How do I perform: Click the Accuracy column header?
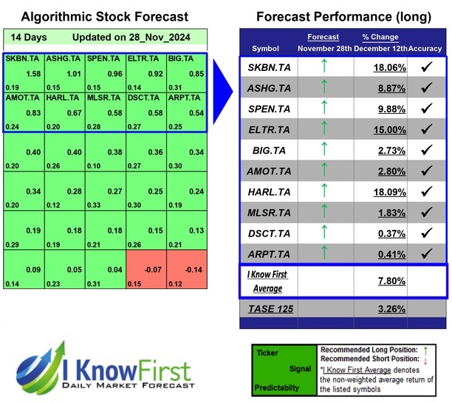pyautogui.click(x=426, y=48)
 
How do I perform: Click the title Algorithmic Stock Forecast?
pyautogui.click(x=104, y=17)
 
